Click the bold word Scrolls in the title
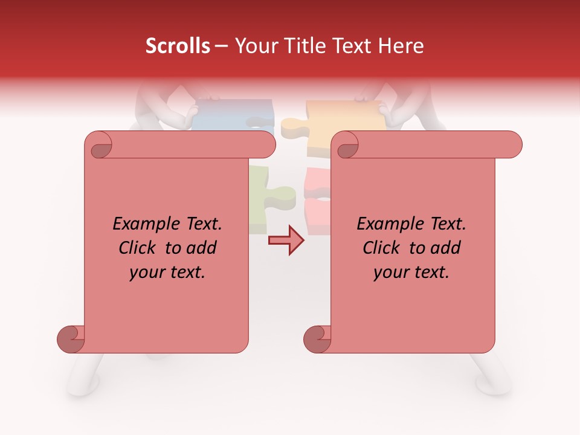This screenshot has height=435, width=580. pyautogui.click(x=178, y=46)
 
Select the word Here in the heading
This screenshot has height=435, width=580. pyautogui.click(x=402, y=46)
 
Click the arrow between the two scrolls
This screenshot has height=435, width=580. pyautogui.click(x=286, y=240)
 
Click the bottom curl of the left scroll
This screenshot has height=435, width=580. pyautogui.click(x=71, y=339)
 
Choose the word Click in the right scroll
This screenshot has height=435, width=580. pyautogui.click(x=382, y=248)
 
